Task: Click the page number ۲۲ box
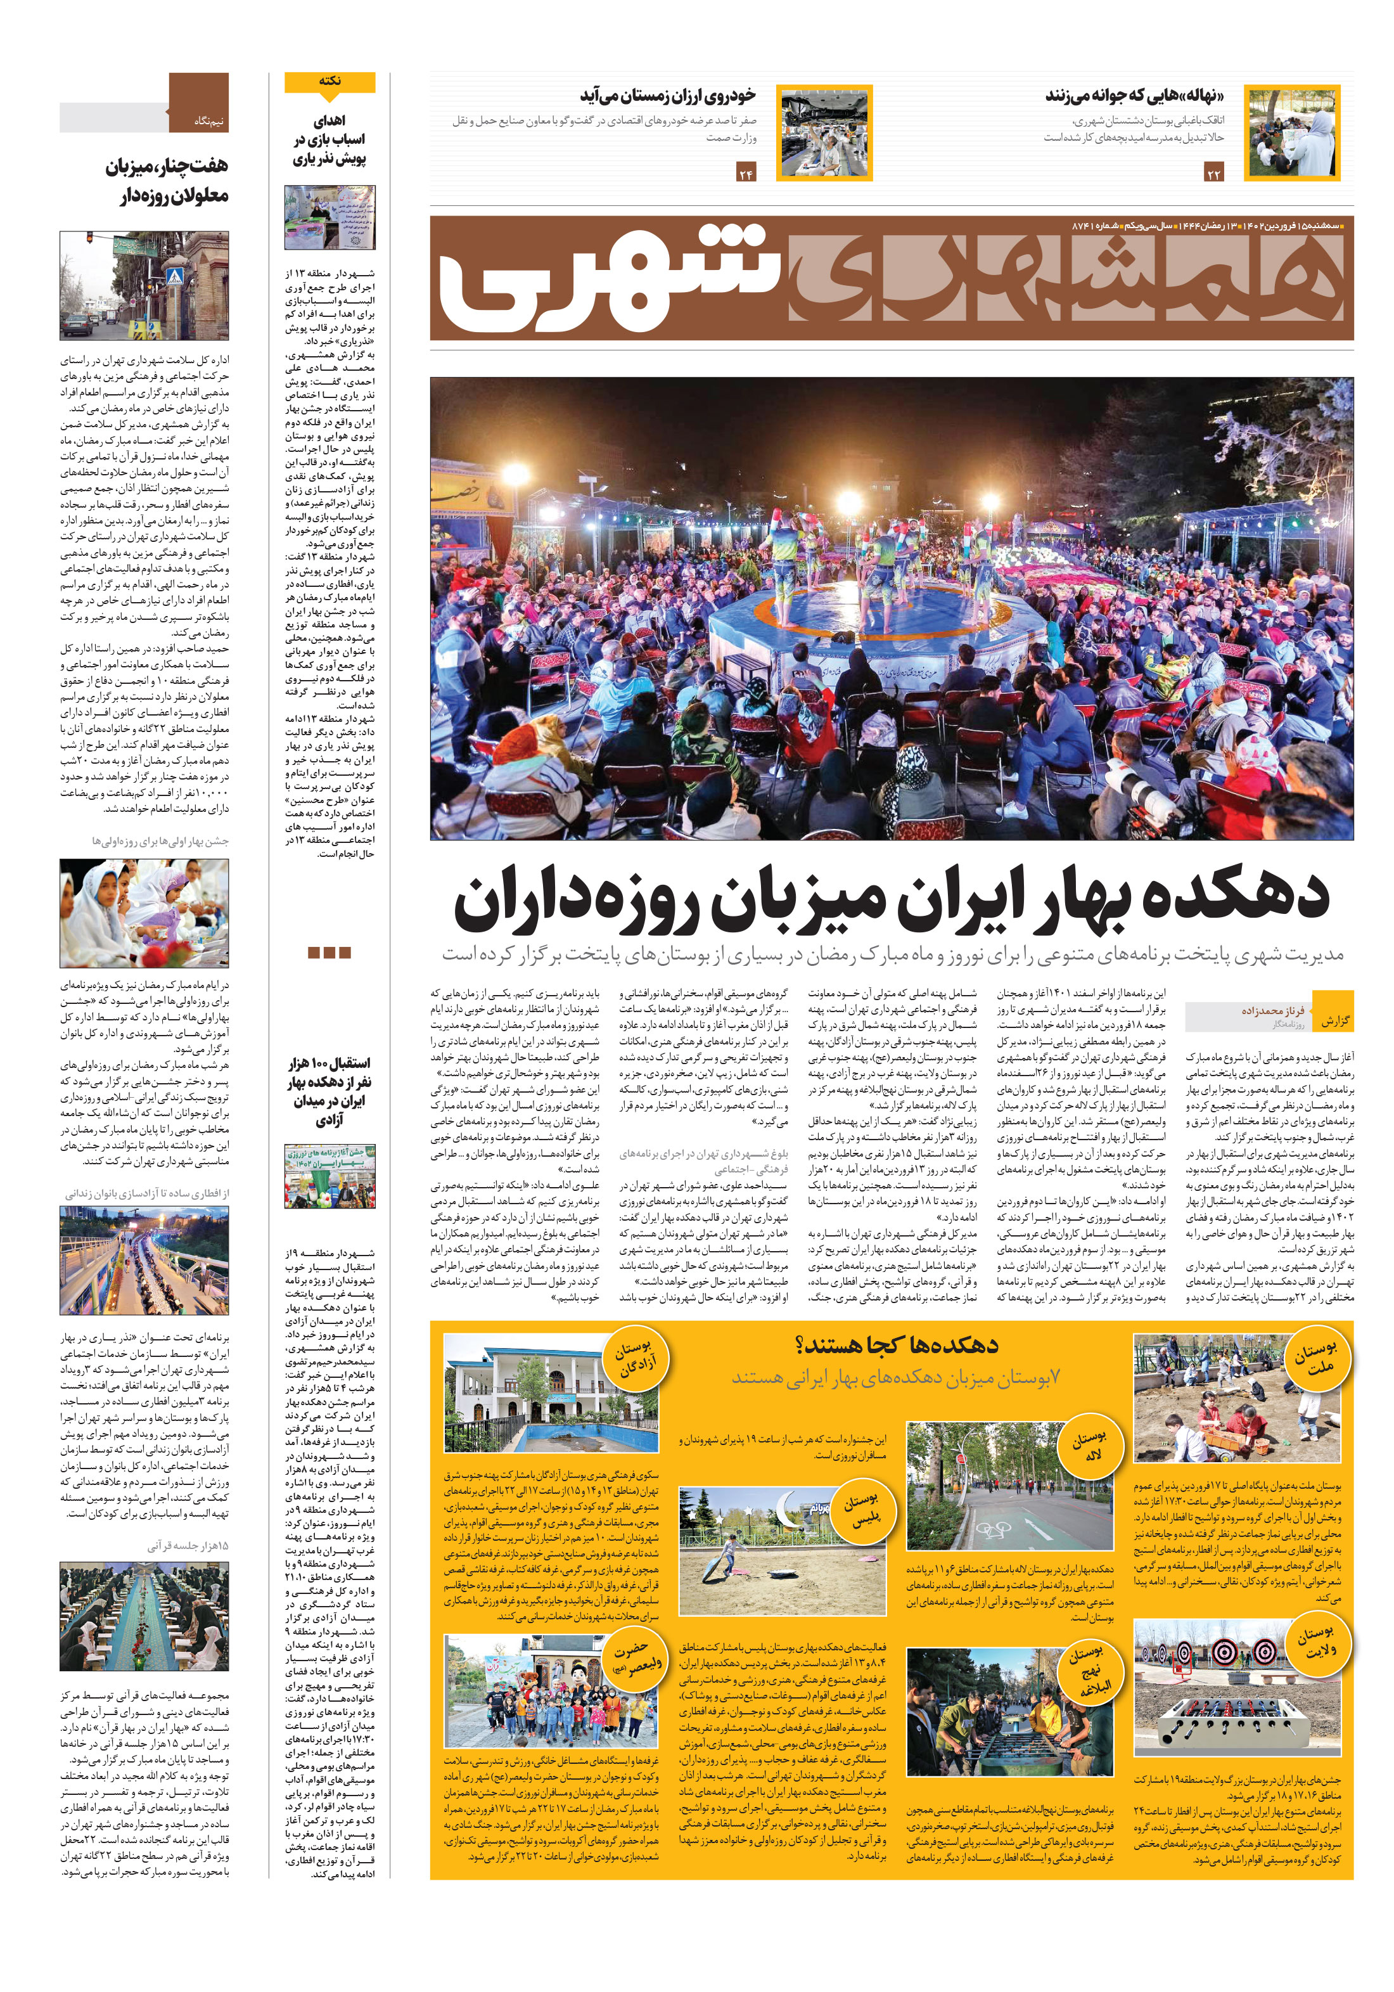1213,174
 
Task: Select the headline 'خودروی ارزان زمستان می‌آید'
667,94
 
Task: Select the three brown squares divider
329,952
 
